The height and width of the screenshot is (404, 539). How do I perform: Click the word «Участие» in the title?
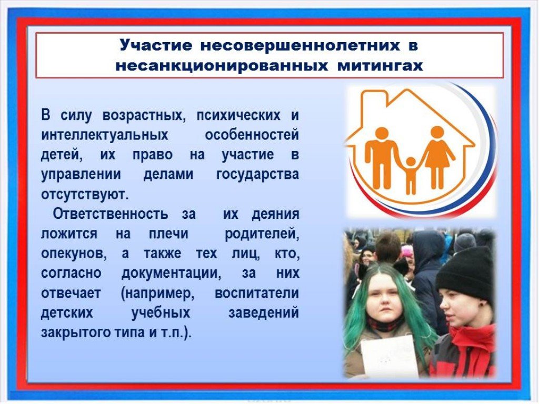156,45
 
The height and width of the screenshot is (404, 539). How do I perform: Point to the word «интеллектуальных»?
105,135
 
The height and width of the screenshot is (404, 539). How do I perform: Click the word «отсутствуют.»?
85,195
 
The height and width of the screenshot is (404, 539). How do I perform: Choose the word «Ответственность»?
111,214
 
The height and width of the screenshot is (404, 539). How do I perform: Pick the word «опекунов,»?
74,254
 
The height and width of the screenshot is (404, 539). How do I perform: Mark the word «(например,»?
158,294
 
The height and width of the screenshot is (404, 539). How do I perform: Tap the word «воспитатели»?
257,294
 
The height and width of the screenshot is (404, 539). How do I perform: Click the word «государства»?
257,175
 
